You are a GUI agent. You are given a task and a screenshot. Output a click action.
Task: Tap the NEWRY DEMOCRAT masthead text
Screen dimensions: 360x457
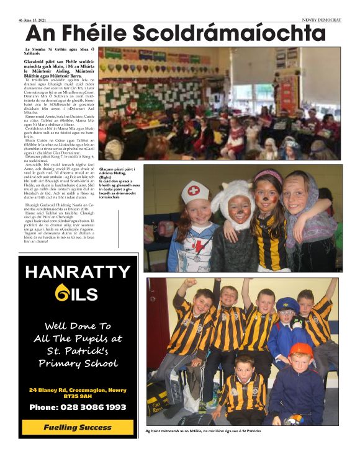[x=322, y=20]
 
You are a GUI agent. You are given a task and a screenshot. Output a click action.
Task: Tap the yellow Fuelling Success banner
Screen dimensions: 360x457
[x=78, y=427]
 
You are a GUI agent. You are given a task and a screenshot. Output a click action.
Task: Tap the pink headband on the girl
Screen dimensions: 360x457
[x=269, y=175]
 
